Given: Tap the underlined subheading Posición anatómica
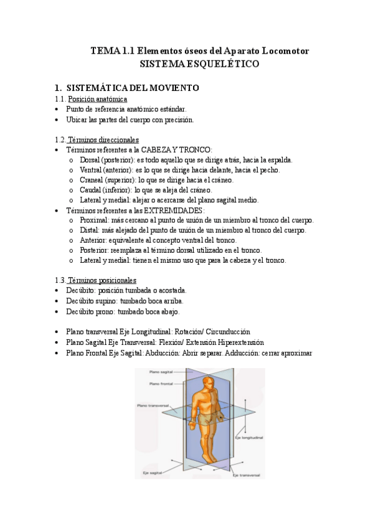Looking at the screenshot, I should point(97,99).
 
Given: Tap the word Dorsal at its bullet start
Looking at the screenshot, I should point(91,160).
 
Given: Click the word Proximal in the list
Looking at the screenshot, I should point(93,220).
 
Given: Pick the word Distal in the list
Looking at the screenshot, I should point(89,230).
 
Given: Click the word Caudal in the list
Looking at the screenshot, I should point(92,190).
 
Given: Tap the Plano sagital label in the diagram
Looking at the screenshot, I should point(161,372).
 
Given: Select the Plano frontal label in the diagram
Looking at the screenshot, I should point(161,384).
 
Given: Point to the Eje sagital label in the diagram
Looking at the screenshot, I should point(152,473).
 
